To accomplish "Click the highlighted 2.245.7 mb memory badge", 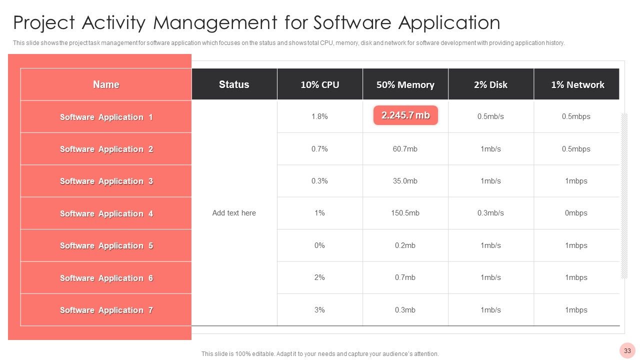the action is click(405, 115).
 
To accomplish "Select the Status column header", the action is click(234, 84).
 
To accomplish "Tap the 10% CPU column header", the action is click(319, 84).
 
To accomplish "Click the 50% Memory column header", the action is click(405, 84).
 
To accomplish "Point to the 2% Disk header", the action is click(490, 84).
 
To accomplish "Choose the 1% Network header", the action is click(576, 84).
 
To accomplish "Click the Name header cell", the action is click(106, 84).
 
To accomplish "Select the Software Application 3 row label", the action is click(106, 181).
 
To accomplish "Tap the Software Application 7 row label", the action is click(106, 310).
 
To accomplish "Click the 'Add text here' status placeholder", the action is click(234, 213).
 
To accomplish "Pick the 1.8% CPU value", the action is click(319, 116).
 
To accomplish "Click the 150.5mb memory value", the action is click(405, 213).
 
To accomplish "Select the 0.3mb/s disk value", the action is click(490, 213).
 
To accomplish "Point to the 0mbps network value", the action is click(576, 213).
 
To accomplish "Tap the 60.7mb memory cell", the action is click(405, 149).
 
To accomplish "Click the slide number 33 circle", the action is click(627, 350).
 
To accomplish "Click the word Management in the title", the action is click(215, 23).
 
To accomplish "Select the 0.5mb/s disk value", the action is click(490, 116).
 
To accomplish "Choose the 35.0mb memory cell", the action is click(405, 181).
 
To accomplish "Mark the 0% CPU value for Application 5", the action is click(319, 245).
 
